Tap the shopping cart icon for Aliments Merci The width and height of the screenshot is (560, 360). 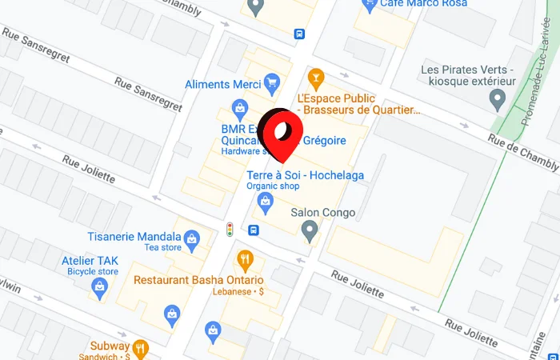coord(272,82)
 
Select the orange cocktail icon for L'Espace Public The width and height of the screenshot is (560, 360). coord(316,78)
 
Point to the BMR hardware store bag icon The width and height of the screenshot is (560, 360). coord(238,107)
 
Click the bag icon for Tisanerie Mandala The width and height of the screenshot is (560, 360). coord(191,238)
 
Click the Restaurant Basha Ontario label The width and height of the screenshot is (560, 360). coord(198,280)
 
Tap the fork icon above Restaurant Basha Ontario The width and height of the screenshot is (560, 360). coord(245,259)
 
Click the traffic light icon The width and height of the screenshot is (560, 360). coord(230,230)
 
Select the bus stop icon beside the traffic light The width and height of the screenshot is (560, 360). coord(254,230)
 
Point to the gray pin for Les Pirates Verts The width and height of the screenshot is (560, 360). coord(498,100)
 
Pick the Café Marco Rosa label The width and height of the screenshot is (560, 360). coord(418,4)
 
